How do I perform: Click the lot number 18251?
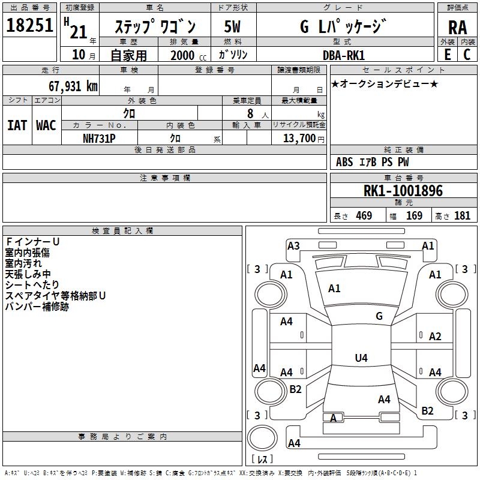tap(29, 25)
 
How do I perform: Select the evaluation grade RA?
tap(458, 28)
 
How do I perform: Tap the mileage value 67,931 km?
tap(73, 86)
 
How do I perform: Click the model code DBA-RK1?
tap(344, 55)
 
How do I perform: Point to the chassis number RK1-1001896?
tap(403, 191)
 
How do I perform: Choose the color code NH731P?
tap(99, 139)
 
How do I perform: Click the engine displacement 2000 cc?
tap(188, 55)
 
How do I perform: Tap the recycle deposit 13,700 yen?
tap(304, 139)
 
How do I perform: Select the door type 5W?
tap(232, 26)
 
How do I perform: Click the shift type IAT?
tap(17, 125)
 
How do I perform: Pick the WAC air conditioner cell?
tap(46, 125)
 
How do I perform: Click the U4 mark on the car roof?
tap(361, 358)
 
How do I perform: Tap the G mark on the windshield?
tap(379, 316)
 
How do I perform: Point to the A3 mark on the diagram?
tap(293, 246)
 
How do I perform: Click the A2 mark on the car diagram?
tap(435, 337)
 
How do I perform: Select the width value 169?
tap(414, 215)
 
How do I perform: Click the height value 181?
tap(462, 215)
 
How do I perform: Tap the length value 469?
tap(364, 215)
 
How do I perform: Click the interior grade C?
tap(467, 55)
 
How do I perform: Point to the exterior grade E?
tap(448, 55)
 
